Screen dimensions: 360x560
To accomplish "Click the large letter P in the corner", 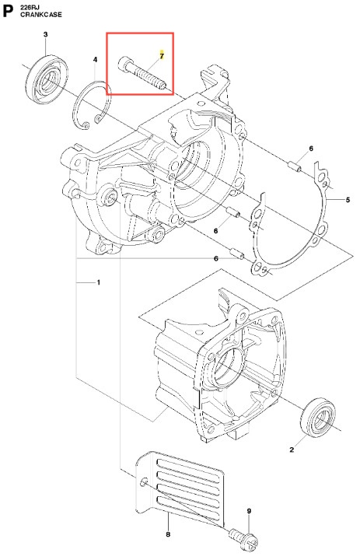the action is pos(8,12).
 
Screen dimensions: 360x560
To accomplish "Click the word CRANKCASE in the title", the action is pos(41,15).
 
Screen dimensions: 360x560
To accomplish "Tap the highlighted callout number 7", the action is pos(162,56).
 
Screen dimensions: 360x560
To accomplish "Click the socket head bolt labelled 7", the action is pos(142,73).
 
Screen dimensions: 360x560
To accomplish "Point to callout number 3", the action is pos(45,35).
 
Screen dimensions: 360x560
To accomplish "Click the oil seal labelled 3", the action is pos(47,79).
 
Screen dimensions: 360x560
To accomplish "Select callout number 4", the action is pos(95,60).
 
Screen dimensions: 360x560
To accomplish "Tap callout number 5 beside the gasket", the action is pos(348,200).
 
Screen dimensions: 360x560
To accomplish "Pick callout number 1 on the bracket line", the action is pos(99,282).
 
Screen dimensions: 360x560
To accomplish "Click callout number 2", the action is pos(292,450).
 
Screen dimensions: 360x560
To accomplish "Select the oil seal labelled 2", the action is pos(319,416).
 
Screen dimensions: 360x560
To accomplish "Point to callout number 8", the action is pos(168,534).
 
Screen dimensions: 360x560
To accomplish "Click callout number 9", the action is pos(249,511).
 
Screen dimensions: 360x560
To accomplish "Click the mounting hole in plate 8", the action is pos(144,481).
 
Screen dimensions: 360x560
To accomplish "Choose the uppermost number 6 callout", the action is pos(311,149).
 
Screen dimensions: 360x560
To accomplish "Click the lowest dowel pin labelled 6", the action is pos(237,254).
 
